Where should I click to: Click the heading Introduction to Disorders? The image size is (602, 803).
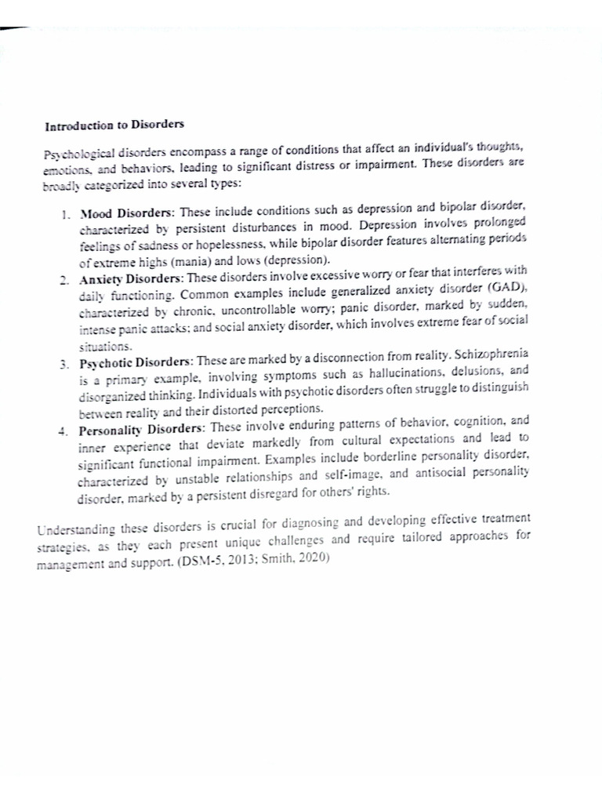pos(114,125)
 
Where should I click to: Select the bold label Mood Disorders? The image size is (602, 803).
pos(128,213)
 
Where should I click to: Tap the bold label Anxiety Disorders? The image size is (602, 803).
pos(132,280)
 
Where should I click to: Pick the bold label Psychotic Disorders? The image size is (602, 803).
pos(136,362)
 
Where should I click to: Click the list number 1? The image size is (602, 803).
pos(65,214)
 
